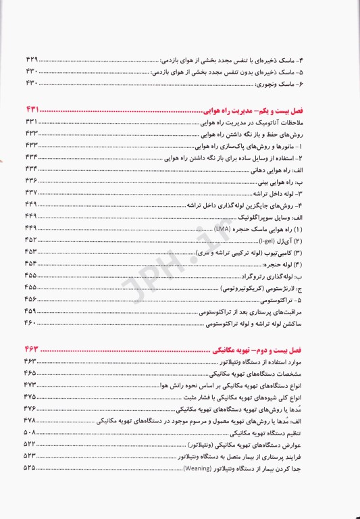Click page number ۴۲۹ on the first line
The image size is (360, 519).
(x=31, y=59)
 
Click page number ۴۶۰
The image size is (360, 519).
(x=31, y=325)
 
